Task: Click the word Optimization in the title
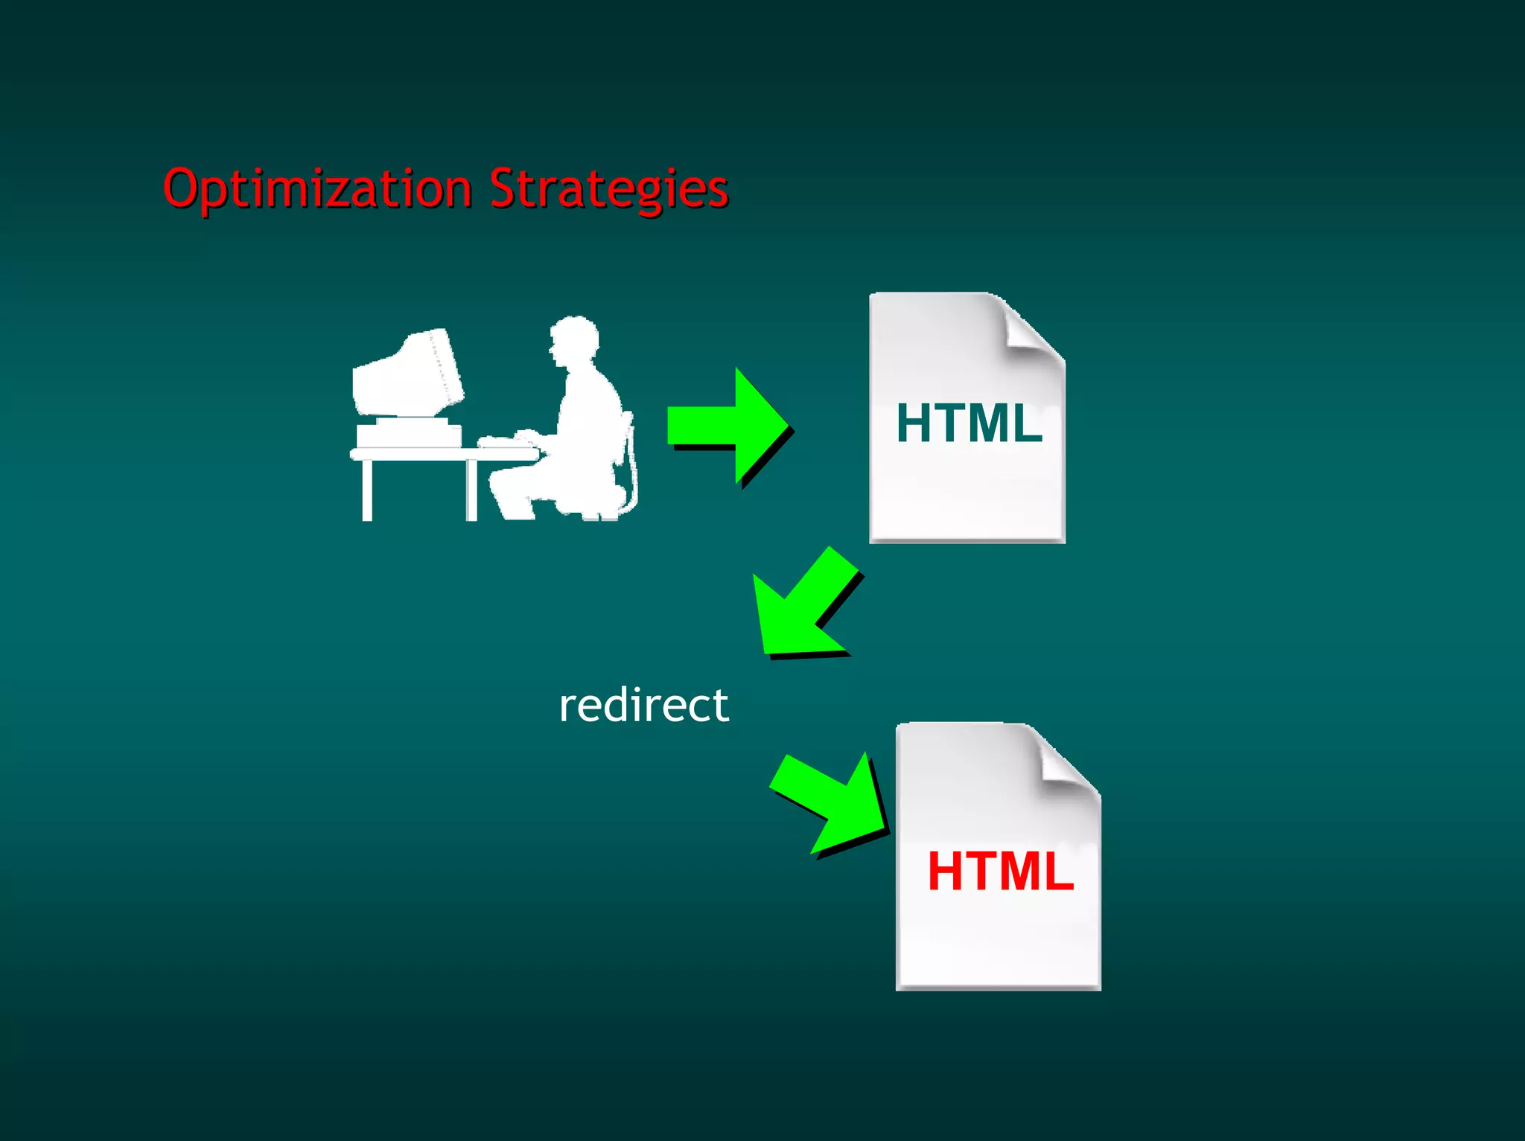pos(317,189)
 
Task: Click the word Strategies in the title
pos(608,189)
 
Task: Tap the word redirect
pos(643,705)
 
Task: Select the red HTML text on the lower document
pos(1000,872)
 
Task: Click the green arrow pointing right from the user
pos(726,426)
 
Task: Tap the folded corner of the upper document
pos(1031,327)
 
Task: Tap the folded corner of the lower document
pos(1066,761)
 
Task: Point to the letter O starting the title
pos(182,188)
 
